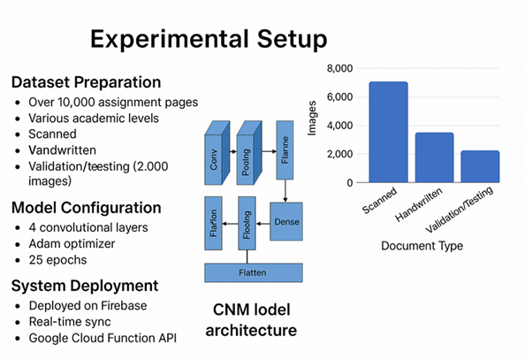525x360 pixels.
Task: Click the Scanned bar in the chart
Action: (x=388, y=132)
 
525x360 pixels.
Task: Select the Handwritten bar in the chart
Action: (x=435, y=157)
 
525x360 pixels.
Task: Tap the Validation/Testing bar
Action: (x=480, y=166)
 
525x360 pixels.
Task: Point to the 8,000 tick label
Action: (x=340, y=68)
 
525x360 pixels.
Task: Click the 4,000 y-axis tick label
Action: (x=340, y=126)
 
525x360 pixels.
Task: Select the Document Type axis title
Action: (x=422, y=246)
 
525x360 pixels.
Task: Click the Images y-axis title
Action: (x=312, y=118)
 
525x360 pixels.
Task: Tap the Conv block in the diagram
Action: (x=217, y=153)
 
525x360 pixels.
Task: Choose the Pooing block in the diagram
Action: (x=249, y=153)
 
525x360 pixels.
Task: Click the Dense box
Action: (x=286, y=221)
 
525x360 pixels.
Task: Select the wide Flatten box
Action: (x=254, y=272)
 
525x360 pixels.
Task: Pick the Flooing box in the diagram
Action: (x=247, y=223)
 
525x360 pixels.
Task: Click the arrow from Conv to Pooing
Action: (x=233, y=151)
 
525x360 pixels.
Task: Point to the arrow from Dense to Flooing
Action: (x=262, y=224)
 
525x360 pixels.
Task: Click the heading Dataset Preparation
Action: (x=86, y=82)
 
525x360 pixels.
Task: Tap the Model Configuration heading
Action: (x=87, y=208)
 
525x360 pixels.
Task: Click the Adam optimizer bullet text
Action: (x=72, y=244)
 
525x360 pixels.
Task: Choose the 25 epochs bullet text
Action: (x=58, y=260)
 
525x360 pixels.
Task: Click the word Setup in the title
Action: (x=292, y=40)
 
